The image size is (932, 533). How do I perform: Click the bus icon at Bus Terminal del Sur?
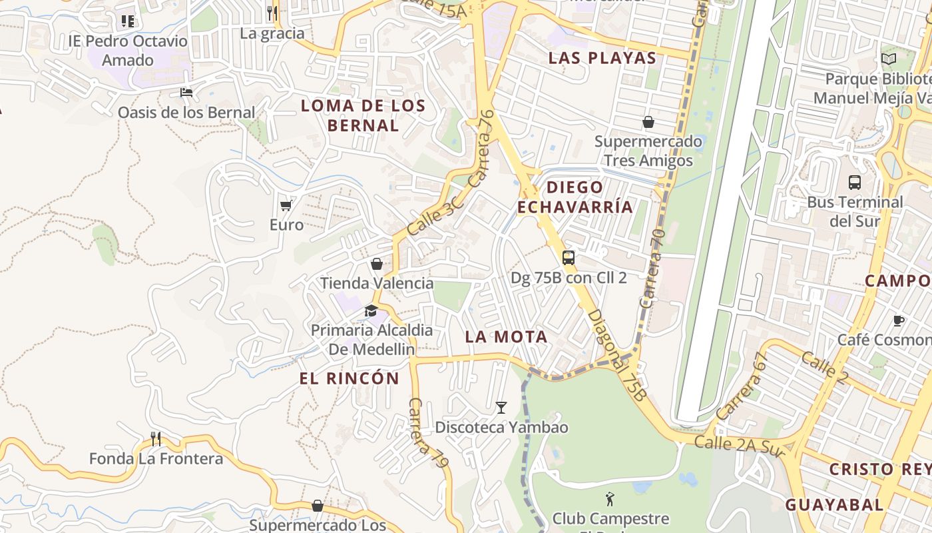(854, 182)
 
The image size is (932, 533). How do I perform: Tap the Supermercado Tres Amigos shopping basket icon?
(648, 122)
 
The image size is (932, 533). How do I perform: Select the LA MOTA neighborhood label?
(506, 337)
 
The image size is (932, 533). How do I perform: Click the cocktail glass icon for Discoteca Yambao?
(501, 407)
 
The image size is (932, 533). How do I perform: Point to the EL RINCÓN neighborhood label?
(349, 379)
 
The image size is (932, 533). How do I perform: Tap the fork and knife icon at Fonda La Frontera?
(156, 438)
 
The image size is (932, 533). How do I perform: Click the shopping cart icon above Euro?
(286, 205)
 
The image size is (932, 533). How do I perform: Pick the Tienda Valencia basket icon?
(377, 264)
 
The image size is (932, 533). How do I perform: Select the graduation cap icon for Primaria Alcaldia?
(371, 310)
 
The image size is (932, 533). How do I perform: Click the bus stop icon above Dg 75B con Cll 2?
(569, 258)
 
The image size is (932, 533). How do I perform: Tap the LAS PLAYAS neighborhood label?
(602, 58)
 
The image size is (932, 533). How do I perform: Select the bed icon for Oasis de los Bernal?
(186, 92)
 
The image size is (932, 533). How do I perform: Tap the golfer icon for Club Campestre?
(609, 498)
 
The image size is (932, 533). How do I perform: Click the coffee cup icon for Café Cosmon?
(898, 320)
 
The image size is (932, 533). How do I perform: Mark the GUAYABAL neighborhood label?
(834, 505)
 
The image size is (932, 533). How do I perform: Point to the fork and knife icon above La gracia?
(272, 13)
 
